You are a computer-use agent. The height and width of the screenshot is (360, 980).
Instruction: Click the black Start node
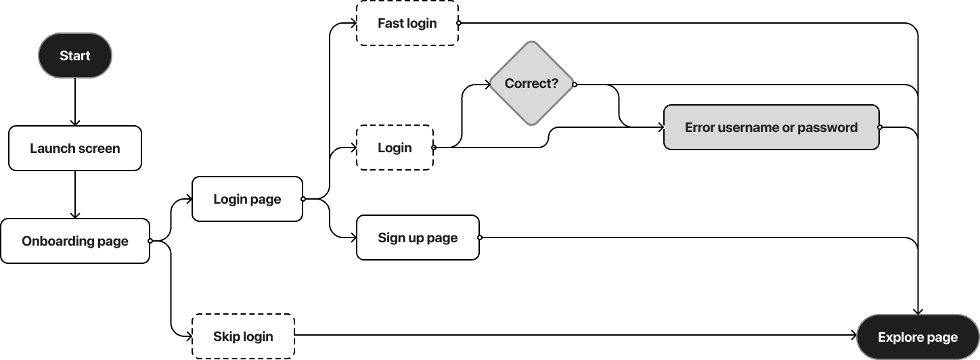pos(74,56)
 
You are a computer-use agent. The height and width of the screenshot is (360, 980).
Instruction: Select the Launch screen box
pos(74,148)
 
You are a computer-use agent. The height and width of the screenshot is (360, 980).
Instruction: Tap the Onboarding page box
pos(74,241)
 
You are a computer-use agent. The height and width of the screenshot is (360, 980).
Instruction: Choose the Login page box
pos(247,199)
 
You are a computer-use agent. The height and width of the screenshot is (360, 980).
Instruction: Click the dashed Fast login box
pos(407,23)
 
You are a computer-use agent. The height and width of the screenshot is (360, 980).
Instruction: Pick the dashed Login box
pos(395,148)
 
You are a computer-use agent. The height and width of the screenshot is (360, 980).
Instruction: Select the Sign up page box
pos(418,238)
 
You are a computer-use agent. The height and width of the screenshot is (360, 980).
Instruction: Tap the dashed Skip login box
pos(243,336)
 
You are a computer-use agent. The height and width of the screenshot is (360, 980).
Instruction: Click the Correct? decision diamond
pos(531,84)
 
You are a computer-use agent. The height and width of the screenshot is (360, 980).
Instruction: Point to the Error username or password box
pos(771,127)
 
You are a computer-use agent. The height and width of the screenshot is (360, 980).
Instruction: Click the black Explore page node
pos(917,337)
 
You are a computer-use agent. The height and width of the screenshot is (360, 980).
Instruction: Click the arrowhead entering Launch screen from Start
pos(74,122)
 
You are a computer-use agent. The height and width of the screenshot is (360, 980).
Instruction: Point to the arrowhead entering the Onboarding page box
pos(74,215)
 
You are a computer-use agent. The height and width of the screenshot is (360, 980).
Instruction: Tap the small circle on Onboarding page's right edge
pos(150,241)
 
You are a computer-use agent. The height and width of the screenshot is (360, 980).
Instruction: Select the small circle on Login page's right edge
pos(303,199)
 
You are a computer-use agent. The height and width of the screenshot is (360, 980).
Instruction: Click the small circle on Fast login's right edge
pos(458,23)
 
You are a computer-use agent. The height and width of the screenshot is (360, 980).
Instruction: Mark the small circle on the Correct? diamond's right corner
pos(574,85)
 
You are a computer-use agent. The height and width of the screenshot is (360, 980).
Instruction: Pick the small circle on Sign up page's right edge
pos(479,238)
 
